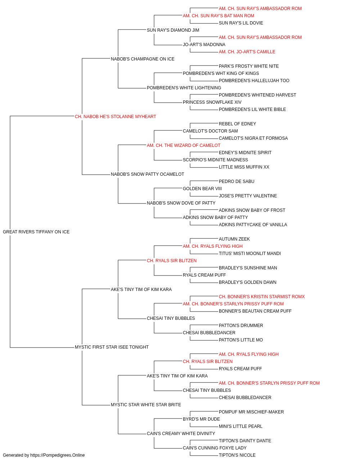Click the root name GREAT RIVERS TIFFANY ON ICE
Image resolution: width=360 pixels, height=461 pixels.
tap(36, 232)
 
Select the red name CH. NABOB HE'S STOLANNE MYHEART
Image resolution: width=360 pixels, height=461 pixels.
tap(115, 116)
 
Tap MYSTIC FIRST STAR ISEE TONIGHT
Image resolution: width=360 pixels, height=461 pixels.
tap(112, 347)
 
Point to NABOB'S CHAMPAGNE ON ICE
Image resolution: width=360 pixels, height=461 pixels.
tap(143, 59)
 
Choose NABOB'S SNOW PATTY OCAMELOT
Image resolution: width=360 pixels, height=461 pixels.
tap(147, 174)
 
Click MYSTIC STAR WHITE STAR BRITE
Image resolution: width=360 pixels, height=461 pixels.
tap(146, 404)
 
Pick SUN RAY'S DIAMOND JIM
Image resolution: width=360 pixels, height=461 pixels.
tap(173, 30)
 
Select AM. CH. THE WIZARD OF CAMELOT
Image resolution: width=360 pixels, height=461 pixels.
tap(184, 145)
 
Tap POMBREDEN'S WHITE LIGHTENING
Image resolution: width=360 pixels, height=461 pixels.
tap(184, 88)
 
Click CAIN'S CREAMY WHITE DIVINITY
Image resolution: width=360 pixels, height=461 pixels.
tap(181, 433)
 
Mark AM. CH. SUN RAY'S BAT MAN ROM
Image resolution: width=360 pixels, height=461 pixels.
tap(219, 16)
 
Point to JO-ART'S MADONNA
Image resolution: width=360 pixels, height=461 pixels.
tap(204, 45)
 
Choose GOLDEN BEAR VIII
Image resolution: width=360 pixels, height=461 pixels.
tap(202, 189)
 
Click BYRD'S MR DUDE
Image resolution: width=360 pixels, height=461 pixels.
tap(201, 419)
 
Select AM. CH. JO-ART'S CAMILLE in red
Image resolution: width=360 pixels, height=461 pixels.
tap(247, 52)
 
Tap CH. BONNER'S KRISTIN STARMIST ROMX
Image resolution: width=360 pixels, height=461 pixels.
tap(262, 296)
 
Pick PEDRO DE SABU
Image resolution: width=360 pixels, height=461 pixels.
tap(237, 182)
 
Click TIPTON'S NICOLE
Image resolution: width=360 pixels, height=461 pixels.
tap(237, 455)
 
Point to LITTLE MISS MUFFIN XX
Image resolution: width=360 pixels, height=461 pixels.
tap(244, 167)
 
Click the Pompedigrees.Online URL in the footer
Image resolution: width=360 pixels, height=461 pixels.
tap(57, 455)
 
